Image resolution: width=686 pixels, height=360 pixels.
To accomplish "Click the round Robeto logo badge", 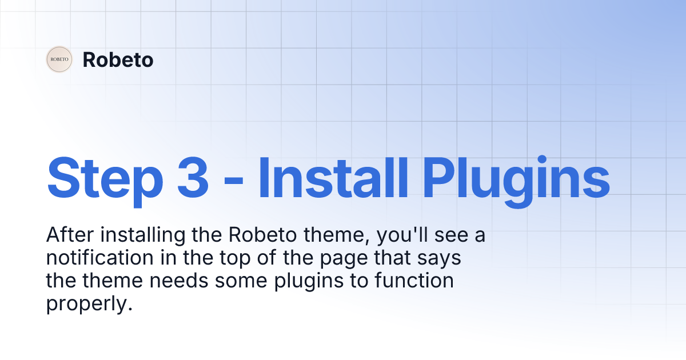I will [x=59, y=59].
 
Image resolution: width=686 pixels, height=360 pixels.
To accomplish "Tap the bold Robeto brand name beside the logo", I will [x=118, y=59].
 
